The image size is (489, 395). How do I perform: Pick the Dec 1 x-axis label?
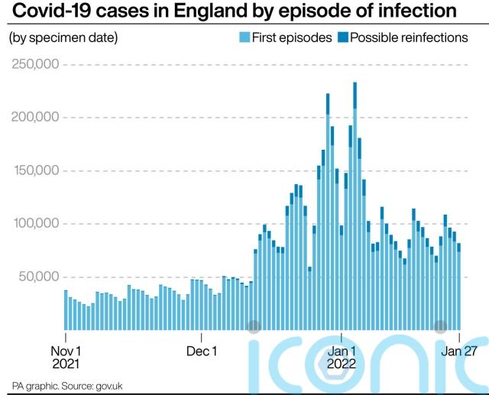[202, 351]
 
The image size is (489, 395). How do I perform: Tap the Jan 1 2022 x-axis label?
[342, 357]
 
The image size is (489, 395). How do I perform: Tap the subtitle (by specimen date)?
[63, 37]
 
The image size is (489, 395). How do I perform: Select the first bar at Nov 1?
[66, 310]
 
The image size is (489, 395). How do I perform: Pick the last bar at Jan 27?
[459, 287]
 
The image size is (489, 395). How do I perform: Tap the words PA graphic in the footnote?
[32, 385]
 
